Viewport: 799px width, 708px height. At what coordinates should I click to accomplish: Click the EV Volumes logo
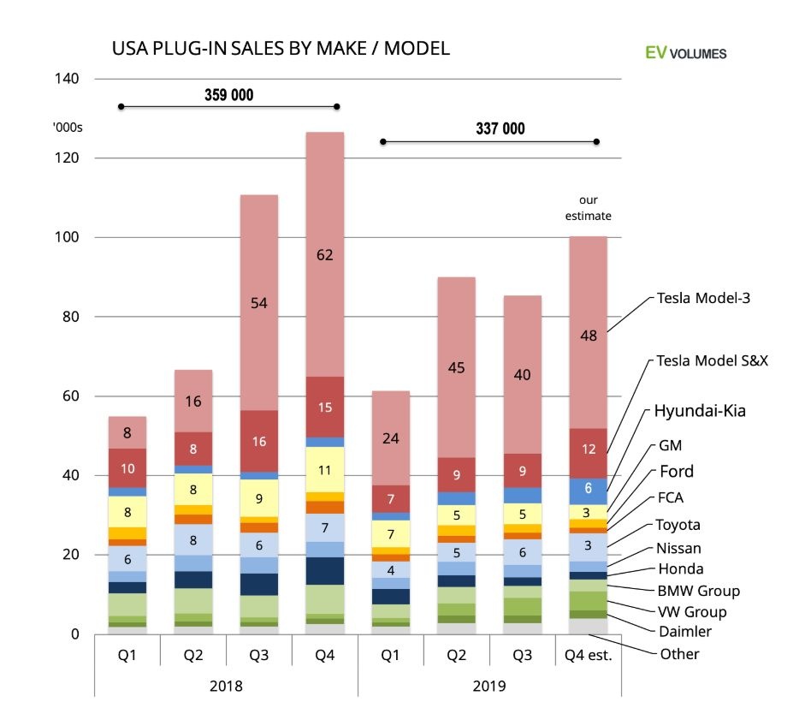685,53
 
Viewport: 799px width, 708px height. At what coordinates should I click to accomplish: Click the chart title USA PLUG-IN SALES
281,49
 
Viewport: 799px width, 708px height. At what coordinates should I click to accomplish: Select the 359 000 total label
229,95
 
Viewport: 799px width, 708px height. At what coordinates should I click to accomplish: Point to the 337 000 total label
500,129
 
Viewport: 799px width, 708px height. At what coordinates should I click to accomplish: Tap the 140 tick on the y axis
68,79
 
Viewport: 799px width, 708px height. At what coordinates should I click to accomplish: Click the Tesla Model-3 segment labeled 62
326,253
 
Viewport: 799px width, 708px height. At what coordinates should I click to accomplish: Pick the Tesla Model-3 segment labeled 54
259,302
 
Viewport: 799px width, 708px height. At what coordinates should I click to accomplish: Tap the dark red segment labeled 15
326,407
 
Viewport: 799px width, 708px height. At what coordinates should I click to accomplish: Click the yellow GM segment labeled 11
326,469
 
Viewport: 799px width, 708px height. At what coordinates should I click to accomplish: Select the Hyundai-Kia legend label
700,411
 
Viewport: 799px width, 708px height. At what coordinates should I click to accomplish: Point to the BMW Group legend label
697,591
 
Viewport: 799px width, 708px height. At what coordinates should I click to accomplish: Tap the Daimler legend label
684,632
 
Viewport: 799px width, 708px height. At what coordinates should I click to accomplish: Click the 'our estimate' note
588,208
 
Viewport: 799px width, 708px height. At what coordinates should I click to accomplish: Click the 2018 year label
225,686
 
